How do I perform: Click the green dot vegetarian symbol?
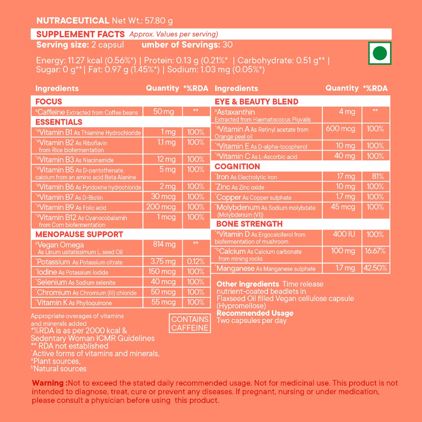click(380, 53)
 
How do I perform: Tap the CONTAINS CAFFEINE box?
click(190, 324)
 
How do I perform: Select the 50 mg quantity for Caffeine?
click(163, 112)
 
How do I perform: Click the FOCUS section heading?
click(49, 102)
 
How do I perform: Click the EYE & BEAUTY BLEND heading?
click(256, 102)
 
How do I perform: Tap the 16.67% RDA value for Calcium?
click(375, 251)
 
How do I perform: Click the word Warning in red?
click(49, 383)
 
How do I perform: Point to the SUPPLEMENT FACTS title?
click(81, 34)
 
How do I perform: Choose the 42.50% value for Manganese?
click(375, 268)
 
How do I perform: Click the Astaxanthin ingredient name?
click(236, 112)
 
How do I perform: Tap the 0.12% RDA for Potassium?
click(196, 262)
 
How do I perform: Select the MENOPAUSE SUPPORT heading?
click(79, 234)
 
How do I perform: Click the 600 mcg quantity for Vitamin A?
click(340, 129)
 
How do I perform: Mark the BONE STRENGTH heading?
click(249, 224)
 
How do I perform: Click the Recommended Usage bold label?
click(255, 313)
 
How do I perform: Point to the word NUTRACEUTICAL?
click(73, 20)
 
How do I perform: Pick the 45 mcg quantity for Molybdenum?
click(343, 207)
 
